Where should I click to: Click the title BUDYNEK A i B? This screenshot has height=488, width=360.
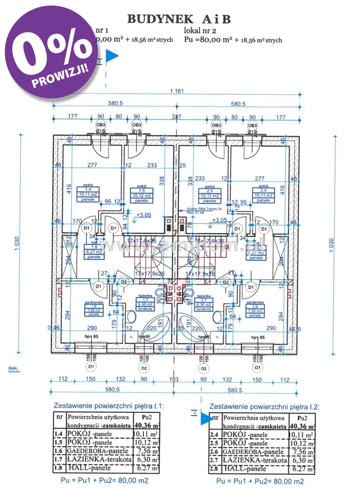(x=179, y=19)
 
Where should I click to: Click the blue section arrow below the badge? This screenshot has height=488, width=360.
(x=112, y=57)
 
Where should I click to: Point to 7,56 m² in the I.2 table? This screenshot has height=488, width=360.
(x=303, y=451)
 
